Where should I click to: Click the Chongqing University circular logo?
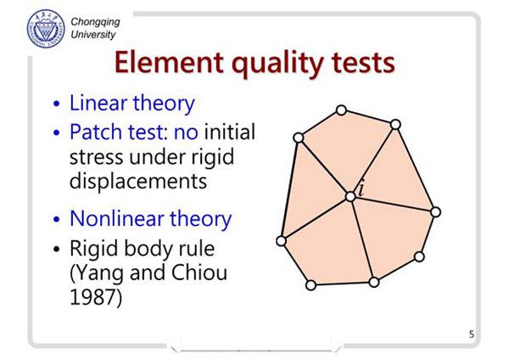pyautogui.click(x=46, y=29)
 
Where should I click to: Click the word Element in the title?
pyautogui.click(x=169, y=62)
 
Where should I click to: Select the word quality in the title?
pyautogui.click(x=278, y=64)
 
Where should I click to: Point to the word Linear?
pyautogui.click(x=98, y=103)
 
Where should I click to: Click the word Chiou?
pyautogui.click(x=199, y=273)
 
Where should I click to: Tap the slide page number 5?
pyautogui.click(x=472, y=334)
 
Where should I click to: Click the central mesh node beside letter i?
pyautogui.click(x=350, y=197)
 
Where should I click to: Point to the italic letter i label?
pyautogui.click(x=361, y=189)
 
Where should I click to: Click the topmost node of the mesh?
pyautogui.click(x=341, y=110)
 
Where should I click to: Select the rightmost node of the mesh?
pyautogui.click(x=435, y=212)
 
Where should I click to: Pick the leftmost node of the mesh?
pyautogui.click(x=281, y=241)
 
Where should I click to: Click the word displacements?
pyautogui.click(x=138, y=180)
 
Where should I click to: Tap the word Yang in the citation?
pyautogui.click(x=97, y=273)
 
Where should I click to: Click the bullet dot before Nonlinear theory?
pyautogui.click(x=57, y=219)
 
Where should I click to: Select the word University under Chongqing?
pyautogui.click(x=93, y=35)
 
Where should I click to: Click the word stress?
pyautogui.click(x=97, y=157)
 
